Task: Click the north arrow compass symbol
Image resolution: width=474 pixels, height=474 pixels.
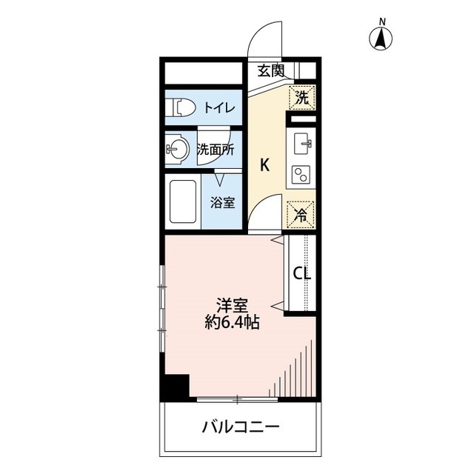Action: [381, 38]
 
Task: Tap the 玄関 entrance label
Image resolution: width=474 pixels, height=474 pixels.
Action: [271, 71]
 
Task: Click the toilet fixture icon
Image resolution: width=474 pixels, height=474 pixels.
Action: [181, 107]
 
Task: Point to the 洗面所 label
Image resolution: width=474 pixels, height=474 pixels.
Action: [215, 148]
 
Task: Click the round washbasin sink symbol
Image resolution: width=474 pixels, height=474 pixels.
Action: [176, 148]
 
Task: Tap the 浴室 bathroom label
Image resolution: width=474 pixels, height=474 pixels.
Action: [221, 201]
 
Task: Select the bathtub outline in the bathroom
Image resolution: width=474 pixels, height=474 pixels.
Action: [182, 201]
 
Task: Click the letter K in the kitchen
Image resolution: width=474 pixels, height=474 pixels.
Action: [264, 165]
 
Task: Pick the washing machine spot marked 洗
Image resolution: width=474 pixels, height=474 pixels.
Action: [301, 96]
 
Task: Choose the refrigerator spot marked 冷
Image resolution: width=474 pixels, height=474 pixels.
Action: [301, 213]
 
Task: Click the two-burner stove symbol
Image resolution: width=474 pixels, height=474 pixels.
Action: [302, 175]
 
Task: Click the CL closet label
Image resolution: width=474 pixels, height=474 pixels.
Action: [301, 273]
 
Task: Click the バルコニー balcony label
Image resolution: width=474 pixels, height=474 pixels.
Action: [240, 427]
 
